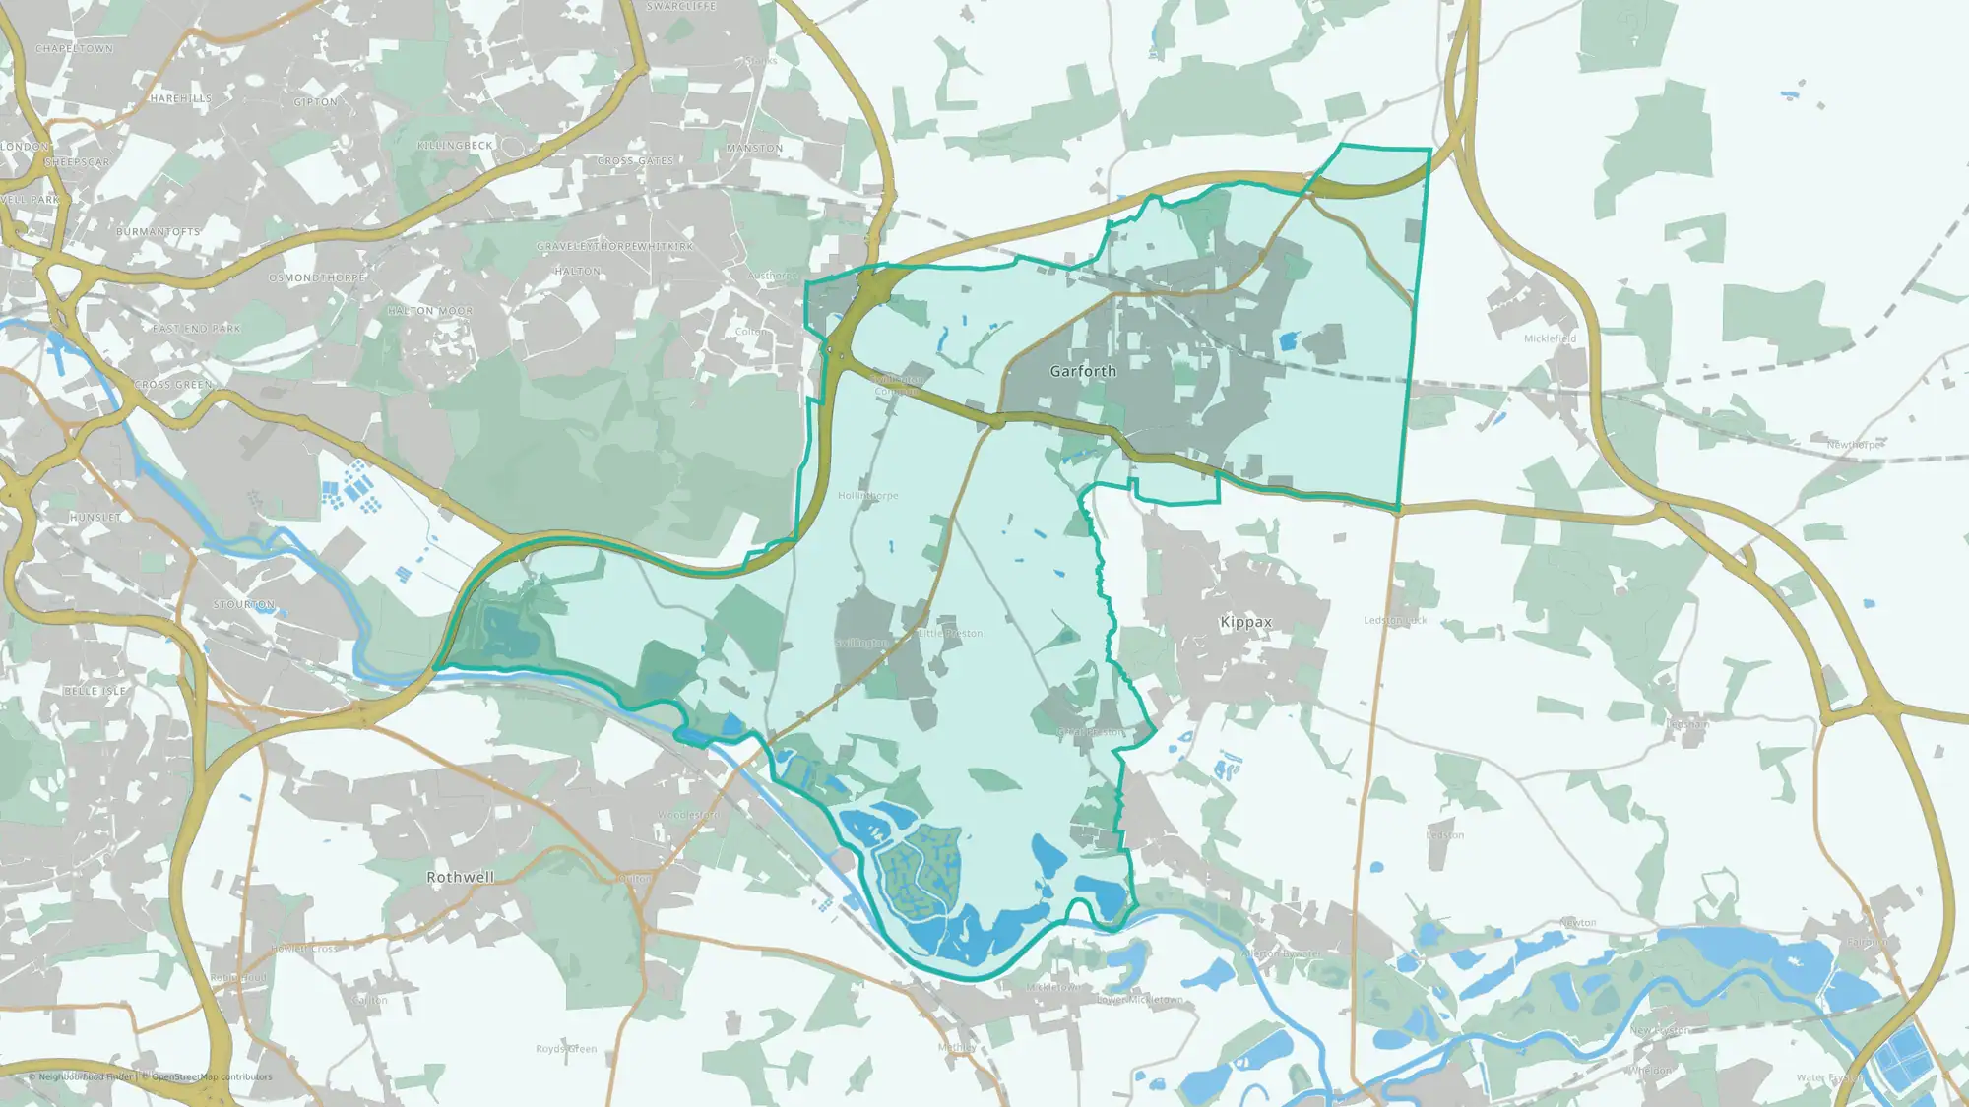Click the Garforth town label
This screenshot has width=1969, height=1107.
pyautogui.click(x=1083, y=371)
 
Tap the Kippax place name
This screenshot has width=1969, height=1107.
pyautogui.click(x=1245, y=622)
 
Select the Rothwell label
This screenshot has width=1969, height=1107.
pyautogui.click(x=460, y=877)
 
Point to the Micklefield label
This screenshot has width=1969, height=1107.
pyautogui.click(x=1550, y=338)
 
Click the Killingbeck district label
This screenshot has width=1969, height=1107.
pyautogui.click(x=455, y=146)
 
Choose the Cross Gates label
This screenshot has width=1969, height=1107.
pyautogui.click(x=635, y=161)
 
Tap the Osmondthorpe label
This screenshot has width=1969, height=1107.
pyautogui.click(x=317, y=278)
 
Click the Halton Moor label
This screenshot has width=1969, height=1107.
pyautogui.click(x=430, y=311)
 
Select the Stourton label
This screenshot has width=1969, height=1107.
pyautogui.click(x=244, y=604)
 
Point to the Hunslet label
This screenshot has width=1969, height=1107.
pyautogui.click(x=95, y=518)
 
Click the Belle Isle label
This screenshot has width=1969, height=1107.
pyautogui.click(x=95, y=691)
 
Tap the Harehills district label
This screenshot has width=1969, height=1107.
pyautogui.click(x=181, y=98)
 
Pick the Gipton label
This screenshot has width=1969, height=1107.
pyautogui.click(x=315, y=102)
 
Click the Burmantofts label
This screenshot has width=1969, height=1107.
pyautogui.click(x=158, y=232)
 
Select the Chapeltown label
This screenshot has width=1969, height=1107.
pyautogui.click(x=74, y=49)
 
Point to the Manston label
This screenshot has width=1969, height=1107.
pyautogui.click(x=754, y=149)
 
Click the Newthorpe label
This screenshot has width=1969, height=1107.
pyautogui.click(x=1854, y=445)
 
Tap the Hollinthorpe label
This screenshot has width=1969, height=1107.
pyautogui.click(x=867, y=496)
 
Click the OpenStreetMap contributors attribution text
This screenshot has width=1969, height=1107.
pyautogui.click(x=212, y=1076)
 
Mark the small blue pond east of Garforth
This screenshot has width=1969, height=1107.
pyautogui.click(x=1287, y=341)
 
